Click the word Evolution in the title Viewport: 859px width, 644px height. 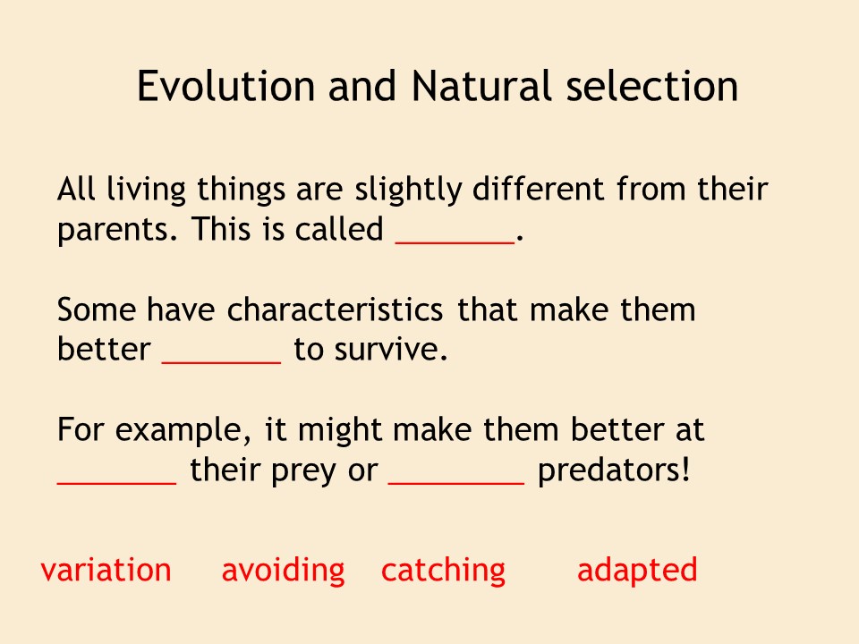tap(225, 86)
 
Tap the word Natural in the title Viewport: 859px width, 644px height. tap(481, 86)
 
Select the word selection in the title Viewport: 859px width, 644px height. tap(652, 86)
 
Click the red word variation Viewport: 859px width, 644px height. tap(106, 570)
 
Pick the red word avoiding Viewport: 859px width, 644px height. tap(284, 571)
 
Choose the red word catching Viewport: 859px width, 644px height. tap(443, 571)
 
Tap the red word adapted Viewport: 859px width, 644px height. tap(637, 571)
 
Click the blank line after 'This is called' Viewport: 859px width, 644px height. tap(455, 241)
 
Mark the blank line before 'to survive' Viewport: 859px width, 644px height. tap(222, 362)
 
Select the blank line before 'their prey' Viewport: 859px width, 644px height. tap(116, 482)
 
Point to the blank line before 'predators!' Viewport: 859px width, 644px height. tap(456, 482)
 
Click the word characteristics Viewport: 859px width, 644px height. tap(335, 309)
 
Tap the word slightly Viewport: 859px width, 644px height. tap(408, 190)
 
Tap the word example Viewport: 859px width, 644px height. tap(179, 430)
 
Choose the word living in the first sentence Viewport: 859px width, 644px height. tap(146, 190)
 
